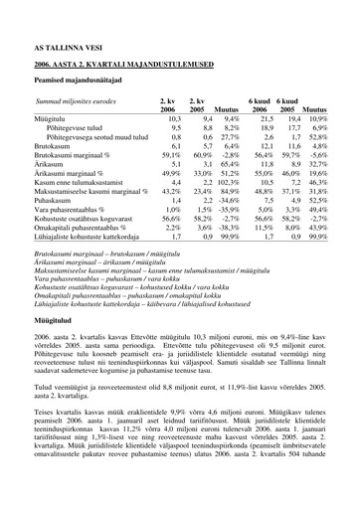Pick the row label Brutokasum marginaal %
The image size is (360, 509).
click(84, 156)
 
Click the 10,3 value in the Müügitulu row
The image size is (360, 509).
click(146, 118)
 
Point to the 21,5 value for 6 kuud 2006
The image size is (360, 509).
click(266, 118)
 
